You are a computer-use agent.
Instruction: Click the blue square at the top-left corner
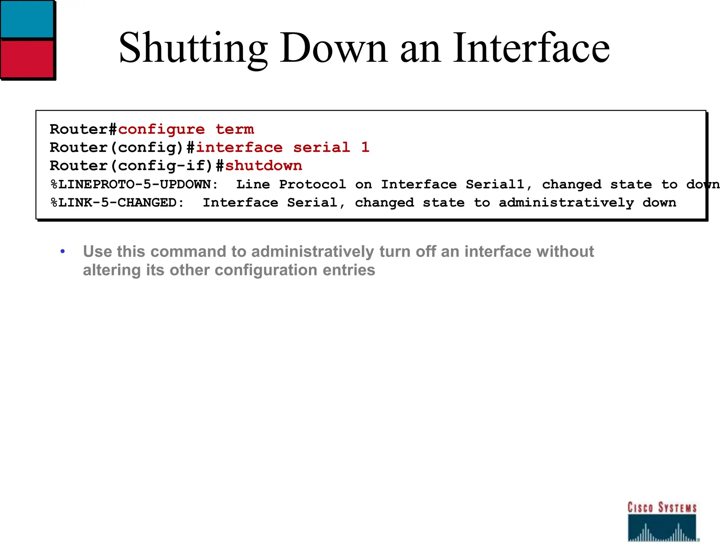coord(27,18)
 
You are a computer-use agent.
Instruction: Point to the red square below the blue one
coord(27,58)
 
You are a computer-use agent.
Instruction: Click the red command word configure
coord(161,129)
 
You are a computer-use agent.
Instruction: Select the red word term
coord(235,129)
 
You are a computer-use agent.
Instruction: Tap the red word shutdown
coord(263,166)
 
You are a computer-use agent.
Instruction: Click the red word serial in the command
coord(321,148)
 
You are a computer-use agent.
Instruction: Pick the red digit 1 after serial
coord(365,147)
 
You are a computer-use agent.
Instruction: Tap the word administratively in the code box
coord(566,203)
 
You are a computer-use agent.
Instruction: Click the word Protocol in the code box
coord(312,184)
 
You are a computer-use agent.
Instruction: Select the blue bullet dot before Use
coord(63,252)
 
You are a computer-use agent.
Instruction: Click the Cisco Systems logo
coord(662,521)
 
